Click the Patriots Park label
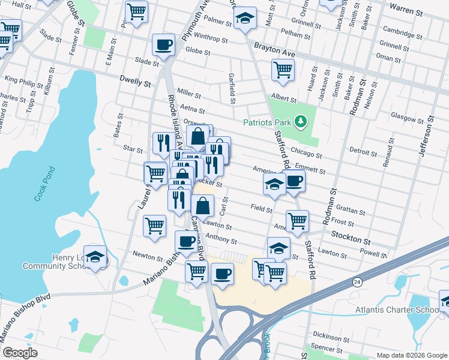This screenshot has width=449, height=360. click(x=267, y=123)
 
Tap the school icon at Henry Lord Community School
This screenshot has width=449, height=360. click(x=95, y=257)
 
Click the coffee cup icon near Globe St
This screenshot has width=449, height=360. click(x=163, y=44)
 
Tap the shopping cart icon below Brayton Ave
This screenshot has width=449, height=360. click(x=282, y=69)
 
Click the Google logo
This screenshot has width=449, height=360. click(x=20, y=353)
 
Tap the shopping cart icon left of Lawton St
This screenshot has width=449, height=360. click(x=154, y=226)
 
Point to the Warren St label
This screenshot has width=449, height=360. click(x=406, y=8)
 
